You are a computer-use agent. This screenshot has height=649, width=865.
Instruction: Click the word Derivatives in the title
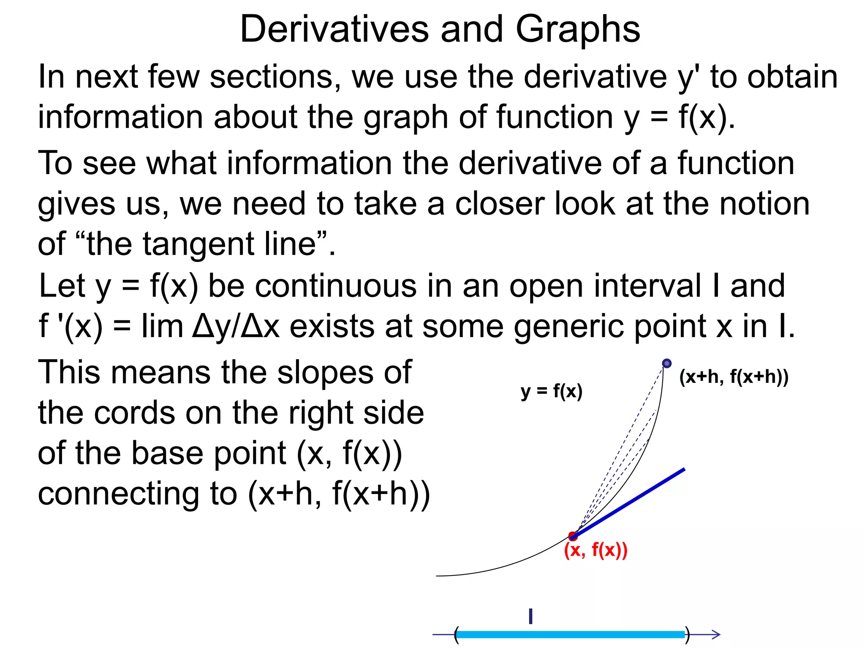point(334,29)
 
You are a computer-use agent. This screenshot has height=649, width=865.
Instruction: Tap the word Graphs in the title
point(577,29)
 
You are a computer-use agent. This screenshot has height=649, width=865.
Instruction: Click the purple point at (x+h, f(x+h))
point(666,363)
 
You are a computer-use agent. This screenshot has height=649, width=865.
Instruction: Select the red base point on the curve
point(573,536)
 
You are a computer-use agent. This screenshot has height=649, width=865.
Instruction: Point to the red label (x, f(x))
point(596,550)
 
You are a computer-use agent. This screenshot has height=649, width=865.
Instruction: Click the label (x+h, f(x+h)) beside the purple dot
point(734,377)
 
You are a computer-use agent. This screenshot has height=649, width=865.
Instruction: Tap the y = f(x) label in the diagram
point(551,391)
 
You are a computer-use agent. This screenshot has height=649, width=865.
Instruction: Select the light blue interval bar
point(570,634)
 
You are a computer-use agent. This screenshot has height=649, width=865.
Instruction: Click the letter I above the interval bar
point(530,616)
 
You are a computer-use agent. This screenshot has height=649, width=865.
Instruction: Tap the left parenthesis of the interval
point(456,635)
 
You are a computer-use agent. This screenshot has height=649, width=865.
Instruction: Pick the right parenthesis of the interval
point(687,635)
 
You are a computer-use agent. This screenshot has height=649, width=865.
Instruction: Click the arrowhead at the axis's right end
point(715,634)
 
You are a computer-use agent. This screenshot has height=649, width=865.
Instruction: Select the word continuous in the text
point(336,286)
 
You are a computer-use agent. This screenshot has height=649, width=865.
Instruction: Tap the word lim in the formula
point(162,326)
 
